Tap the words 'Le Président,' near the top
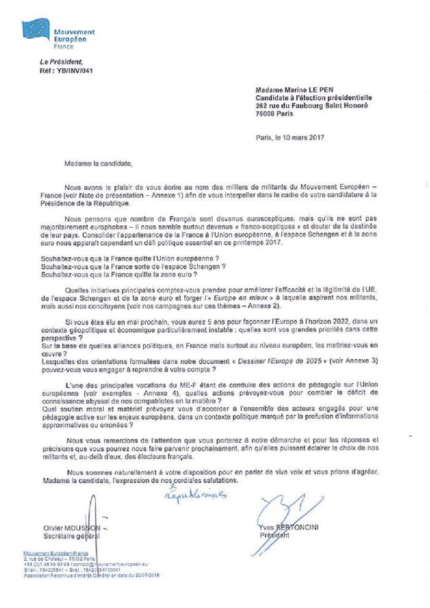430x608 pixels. click(61, 63)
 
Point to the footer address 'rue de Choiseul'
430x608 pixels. click(55, 559)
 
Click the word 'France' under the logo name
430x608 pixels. click(63, 47)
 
